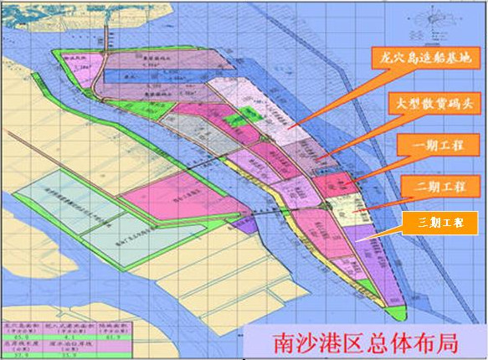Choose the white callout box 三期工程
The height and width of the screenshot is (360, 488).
click(x=434, y=223)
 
